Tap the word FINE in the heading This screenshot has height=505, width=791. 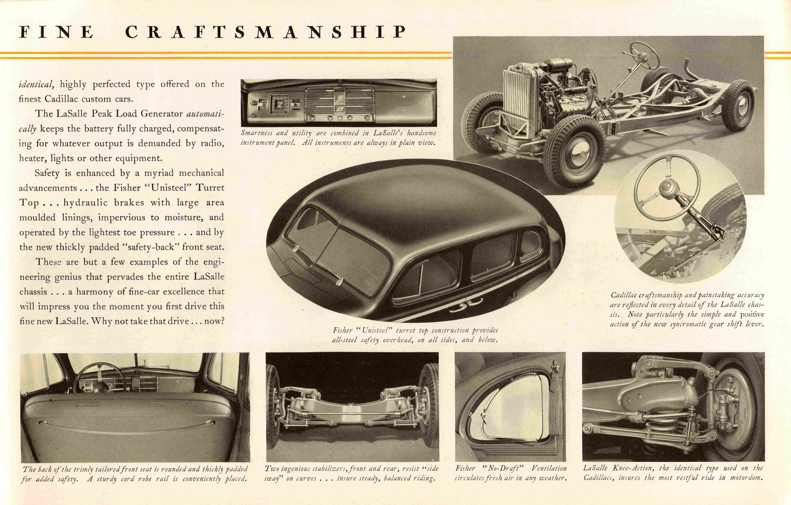[56, 32]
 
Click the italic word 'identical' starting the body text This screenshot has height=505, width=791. [36, 84]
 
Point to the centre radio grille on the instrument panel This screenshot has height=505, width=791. [340, 102]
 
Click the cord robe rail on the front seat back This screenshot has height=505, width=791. [126, 424]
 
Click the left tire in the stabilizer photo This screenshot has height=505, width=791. [274, 406]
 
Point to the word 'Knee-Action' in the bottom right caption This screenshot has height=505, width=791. [633, 468]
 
